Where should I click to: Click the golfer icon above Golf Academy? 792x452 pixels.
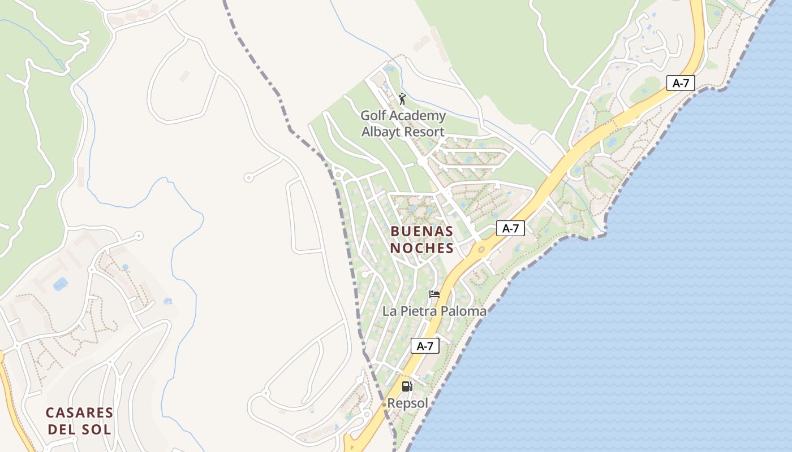click(402, 99)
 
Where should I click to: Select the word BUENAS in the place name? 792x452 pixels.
click(421, 231)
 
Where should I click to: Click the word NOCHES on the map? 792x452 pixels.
click(421, 248)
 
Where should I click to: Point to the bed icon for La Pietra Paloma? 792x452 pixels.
click(434, 294)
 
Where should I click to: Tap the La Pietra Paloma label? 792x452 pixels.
click(434, 311)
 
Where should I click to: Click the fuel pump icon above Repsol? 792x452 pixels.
click(407, 387)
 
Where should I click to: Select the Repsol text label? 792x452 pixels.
click(407, 403)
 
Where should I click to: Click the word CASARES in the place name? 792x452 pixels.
click(79, 412)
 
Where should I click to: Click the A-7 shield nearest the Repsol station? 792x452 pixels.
click(425, 346)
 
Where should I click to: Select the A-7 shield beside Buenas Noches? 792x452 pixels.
click(510, 228)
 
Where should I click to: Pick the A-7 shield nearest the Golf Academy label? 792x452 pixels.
click(680, 83)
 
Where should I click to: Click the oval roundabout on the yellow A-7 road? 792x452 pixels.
click(481, 249)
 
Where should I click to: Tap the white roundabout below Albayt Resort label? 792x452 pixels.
click(422, 162)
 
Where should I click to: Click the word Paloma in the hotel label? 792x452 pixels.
click(465, 311)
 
